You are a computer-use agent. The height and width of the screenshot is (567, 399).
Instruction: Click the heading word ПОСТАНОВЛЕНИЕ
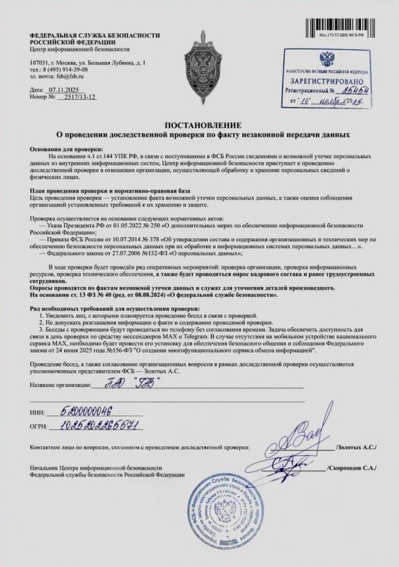200,124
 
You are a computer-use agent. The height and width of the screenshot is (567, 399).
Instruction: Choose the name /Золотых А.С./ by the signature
357,447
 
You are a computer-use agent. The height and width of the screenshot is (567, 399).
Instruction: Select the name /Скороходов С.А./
353,466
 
